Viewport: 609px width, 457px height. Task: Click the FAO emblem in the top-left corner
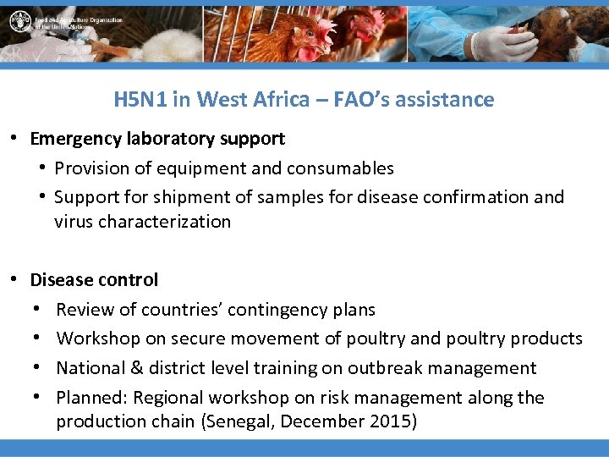pos(19,21)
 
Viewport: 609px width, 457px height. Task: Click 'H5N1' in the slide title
pos(140,99)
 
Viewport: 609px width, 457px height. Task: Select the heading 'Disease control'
pos(94,279)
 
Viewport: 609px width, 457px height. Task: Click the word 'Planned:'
pos(90,397)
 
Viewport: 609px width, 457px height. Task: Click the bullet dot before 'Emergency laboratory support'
pos(15,138)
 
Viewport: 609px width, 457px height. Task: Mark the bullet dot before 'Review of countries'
pos(39,310)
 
